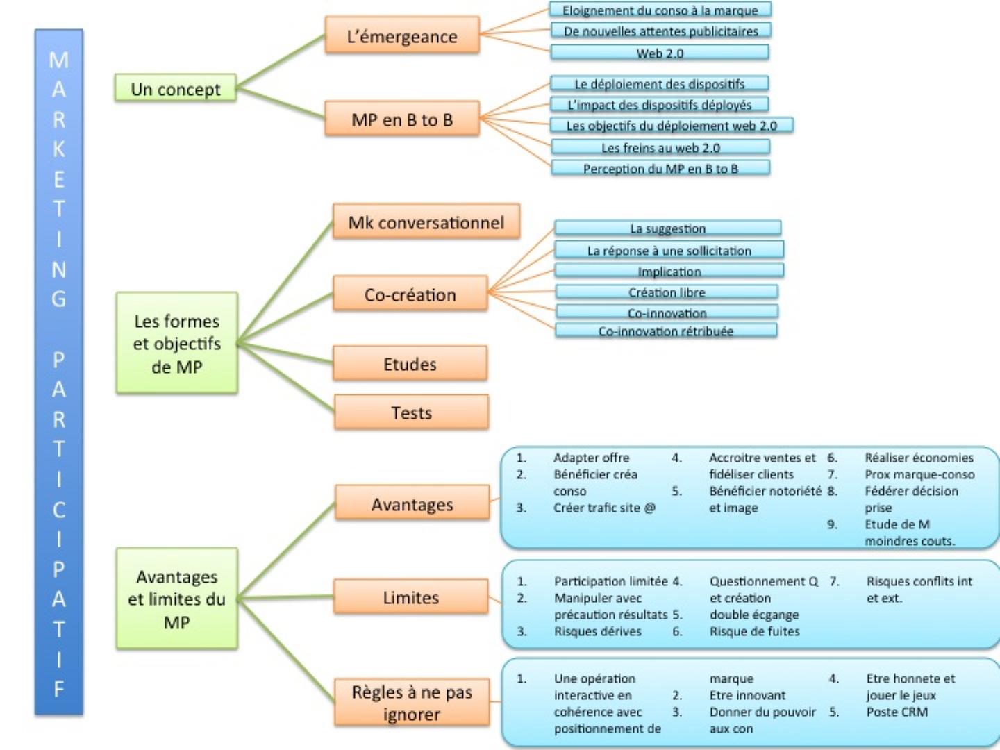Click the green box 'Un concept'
pyautogui.click(x=175, y=89)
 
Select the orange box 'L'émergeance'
pyautogui.click(x=402, y=35)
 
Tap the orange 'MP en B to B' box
pyautogui.click(x=402, y=119)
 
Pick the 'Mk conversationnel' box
pyautogui.click(x=426, y=222)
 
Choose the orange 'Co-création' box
pyautogui.click(x=410, y=294)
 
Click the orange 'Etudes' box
pyautogui.click(x=410, y=364)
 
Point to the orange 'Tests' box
pyautogui.click(x=411, y=412)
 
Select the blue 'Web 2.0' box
pyautogui.click(x=660, y=53)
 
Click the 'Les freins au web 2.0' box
pyautogui.click(x=660, y=147)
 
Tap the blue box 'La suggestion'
pyautogui.click(x=667, y=228)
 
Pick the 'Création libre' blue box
pyautogui.click(x=667, y=292)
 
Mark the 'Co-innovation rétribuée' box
pyautogui.click(x=666, y=331)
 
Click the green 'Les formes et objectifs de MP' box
pyautogui.click(x=177, y=343)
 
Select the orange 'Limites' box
pyautogui.click(x=411, y=597)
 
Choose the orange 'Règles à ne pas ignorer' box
pyautogui.click(x=412, y=703)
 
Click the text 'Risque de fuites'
pyautogui.click(x=754, y=631)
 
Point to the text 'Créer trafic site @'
pyautogui.click(x=604, y=508)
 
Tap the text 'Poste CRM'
pyautogui.click(x=897, y=712)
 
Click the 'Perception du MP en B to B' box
pyautogui.click(x=660, y=168)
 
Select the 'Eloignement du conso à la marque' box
pyautogui.click(x=660, y=10)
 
